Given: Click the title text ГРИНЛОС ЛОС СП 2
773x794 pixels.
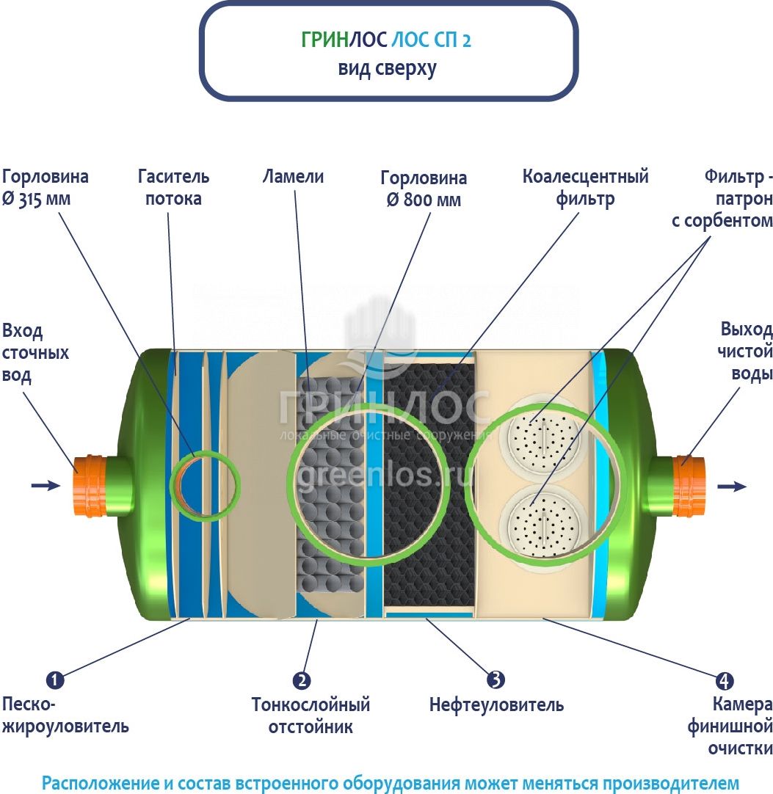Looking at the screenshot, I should [x=386, y=40].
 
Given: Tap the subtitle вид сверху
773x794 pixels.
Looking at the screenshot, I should [x=387, y=69].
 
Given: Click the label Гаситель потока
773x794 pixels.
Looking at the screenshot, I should [x=173, y=187].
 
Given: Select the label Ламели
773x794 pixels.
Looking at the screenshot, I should [x=293, y=177].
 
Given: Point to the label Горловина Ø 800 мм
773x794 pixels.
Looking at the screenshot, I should [x=424, y=189].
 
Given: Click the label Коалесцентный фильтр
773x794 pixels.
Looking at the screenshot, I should [x=585, y=187].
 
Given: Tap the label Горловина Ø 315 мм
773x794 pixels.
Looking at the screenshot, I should [x=45, y=187].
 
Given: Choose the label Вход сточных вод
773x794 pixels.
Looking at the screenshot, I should [x=35, y=352].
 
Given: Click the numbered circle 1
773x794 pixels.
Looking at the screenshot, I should [x=55, y=680].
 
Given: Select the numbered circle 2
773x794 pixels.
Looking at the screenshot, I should [x=301, y=680].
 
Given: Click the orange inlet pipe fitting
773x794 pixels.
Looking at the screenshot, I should [x=90, y=485].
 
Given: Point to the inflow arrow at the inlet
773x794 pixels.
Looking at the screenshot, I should [x=45, y=485].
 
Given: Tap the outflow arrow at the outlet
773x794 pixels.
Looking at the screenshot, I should [x=730, y=486].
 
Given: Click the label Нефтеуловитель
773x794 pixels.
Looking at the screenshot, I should [x=496, y=706].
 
